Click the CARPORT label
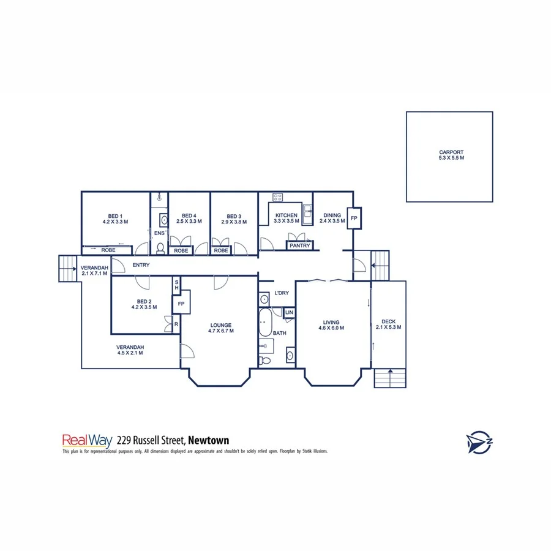click(x=451, y=152)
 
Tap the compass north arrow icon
click(x=479, y=441)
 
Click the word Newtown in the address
click(x=209, y=440)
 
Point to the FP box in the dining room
click(x=354, y=217)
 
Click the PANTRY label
click(x=300, y=246)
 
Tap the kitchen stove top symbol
click(x=277, y=197)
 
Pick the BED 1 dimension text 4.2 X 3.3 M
click(x=115, y=222)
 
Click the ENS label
click(x=159, y=233)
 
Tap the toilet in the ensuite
click(x=160, y=247)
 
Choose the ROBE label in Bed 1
click(x=109, y=250)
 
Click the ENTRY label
click(x=141, y=265)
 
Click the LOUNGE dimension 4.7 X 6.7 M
click(x=221, y=331)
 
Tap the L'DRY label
click(x=282, y=293)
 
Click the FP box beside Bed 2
click(x=181, y=303)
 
